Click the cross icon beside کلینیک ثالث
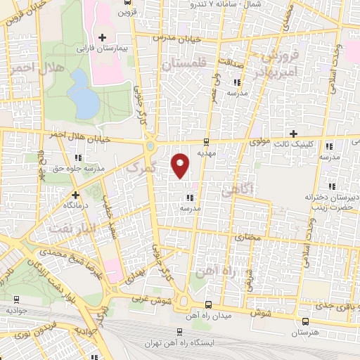click(293, 134)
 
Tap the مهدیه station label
click(205, 152)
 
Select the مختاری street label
click(247, 238)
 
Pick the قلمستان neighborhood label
click(184, 64)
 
